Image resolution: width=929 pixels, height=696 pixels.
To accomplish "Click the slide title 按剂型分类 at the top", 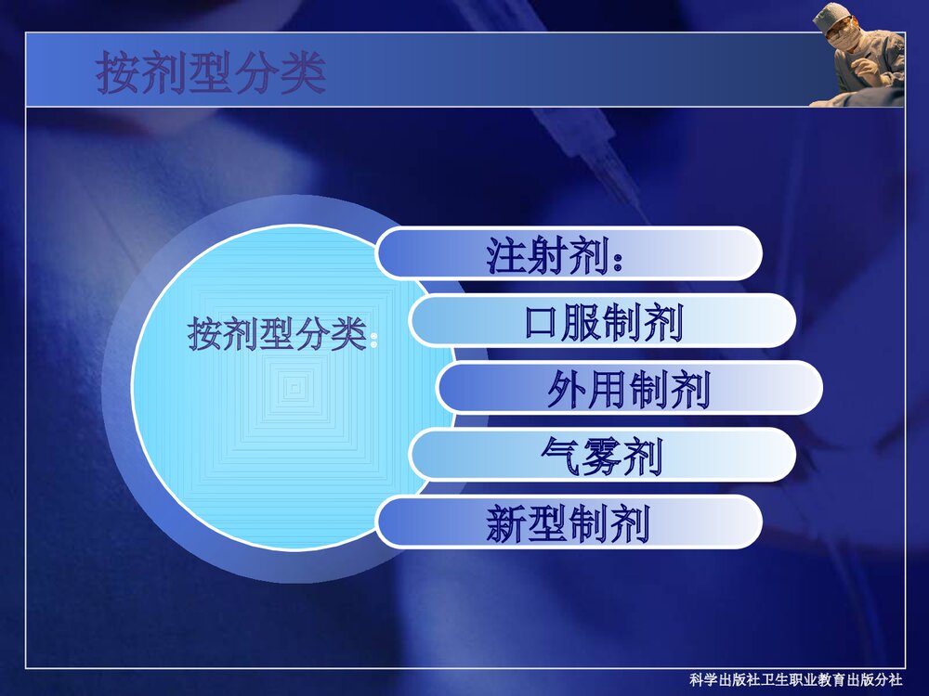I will click(211, 73).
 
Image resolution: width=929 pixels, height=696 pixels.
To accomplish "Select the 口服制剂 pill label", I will click(603, 321).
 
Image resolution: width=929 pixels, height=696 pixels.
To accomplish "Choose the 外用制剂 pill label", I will click(629, 388).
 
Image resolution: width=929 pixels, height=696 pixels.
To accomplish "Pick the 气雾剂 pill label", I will click(602, 456).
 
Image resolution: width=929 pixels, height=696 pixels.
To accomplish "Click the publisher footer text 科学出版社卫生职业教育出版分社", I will click(803, 679).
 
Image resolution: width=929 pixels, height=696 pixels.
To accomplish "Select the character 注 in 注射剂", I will click(506, 253).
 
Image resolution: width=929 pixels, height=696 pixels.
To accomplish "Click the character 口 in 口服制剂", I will click(543, 321).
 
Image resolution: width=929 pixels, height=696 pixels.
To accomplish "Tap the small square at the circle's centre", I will click(294, 388).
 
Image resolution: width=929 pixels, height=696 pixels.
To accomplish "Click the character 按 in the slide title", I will click(119, 73).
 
